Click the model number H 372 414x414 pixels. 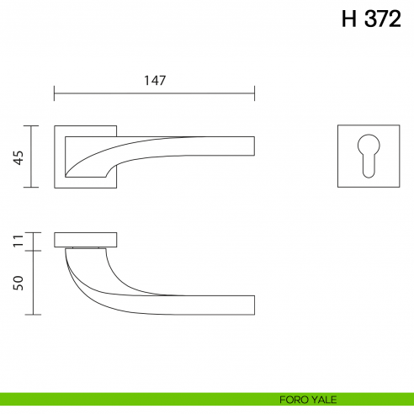[370, 20]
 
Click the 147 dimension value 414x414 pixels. [154, 81]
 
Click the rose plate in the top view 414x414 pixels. [86, 240]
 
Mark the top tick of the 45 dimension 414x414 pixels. [32, 125]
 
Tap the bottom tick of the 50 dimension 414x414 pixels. [32, 315]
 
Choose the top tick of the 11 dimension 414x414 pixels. [32, 231]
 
